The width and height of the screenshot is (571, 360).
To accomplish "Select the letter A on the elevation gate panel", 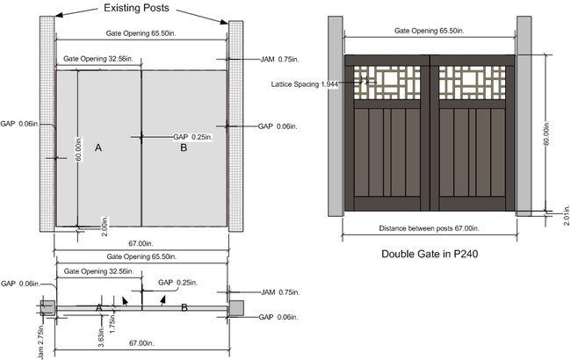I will pos(98,149).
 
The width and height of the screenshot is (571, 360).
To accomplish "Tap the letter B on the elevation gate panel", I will pos(184,149).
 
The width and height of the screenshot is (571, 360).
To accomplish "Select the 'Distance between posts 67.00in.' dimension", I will pos(429,228).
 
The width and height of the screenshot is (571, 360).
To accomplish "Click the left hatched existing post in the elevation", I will pos(46,123).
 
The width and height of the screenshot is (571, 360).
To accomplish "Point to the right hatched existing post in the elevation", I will pos(235,123).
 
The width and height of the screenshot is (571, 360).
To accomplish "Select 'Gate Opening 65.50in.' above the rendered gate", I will pos(429,31).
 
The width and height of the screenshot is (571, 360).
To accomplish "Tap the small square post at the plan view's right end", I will pos(235,306).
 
